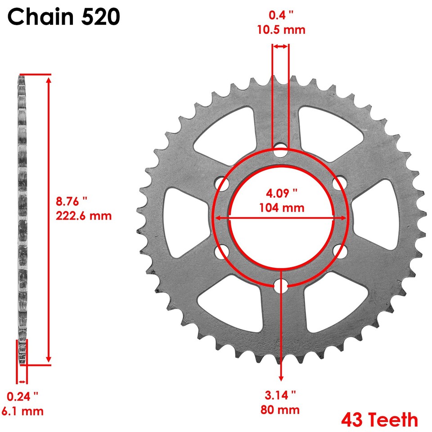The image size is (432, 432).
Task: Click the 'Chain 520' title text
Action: click(63, 18)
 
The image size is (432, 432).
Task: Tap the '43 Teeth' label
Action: click(379, 419)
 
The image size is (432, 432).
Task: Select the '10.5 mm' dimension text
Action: click(281, 30)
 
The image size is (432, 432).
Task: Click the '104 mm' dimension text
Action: click(282, 208)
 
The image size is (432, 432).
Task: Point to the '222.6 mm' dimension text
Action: click(84, 216)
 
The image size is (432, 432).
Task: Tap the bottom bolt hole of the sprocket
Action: click(281, 285)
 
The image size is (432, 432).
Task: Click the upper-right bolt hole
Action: click(339, 184)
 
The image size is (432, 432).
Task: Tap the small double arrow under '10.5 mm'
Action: click(280, 46)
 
